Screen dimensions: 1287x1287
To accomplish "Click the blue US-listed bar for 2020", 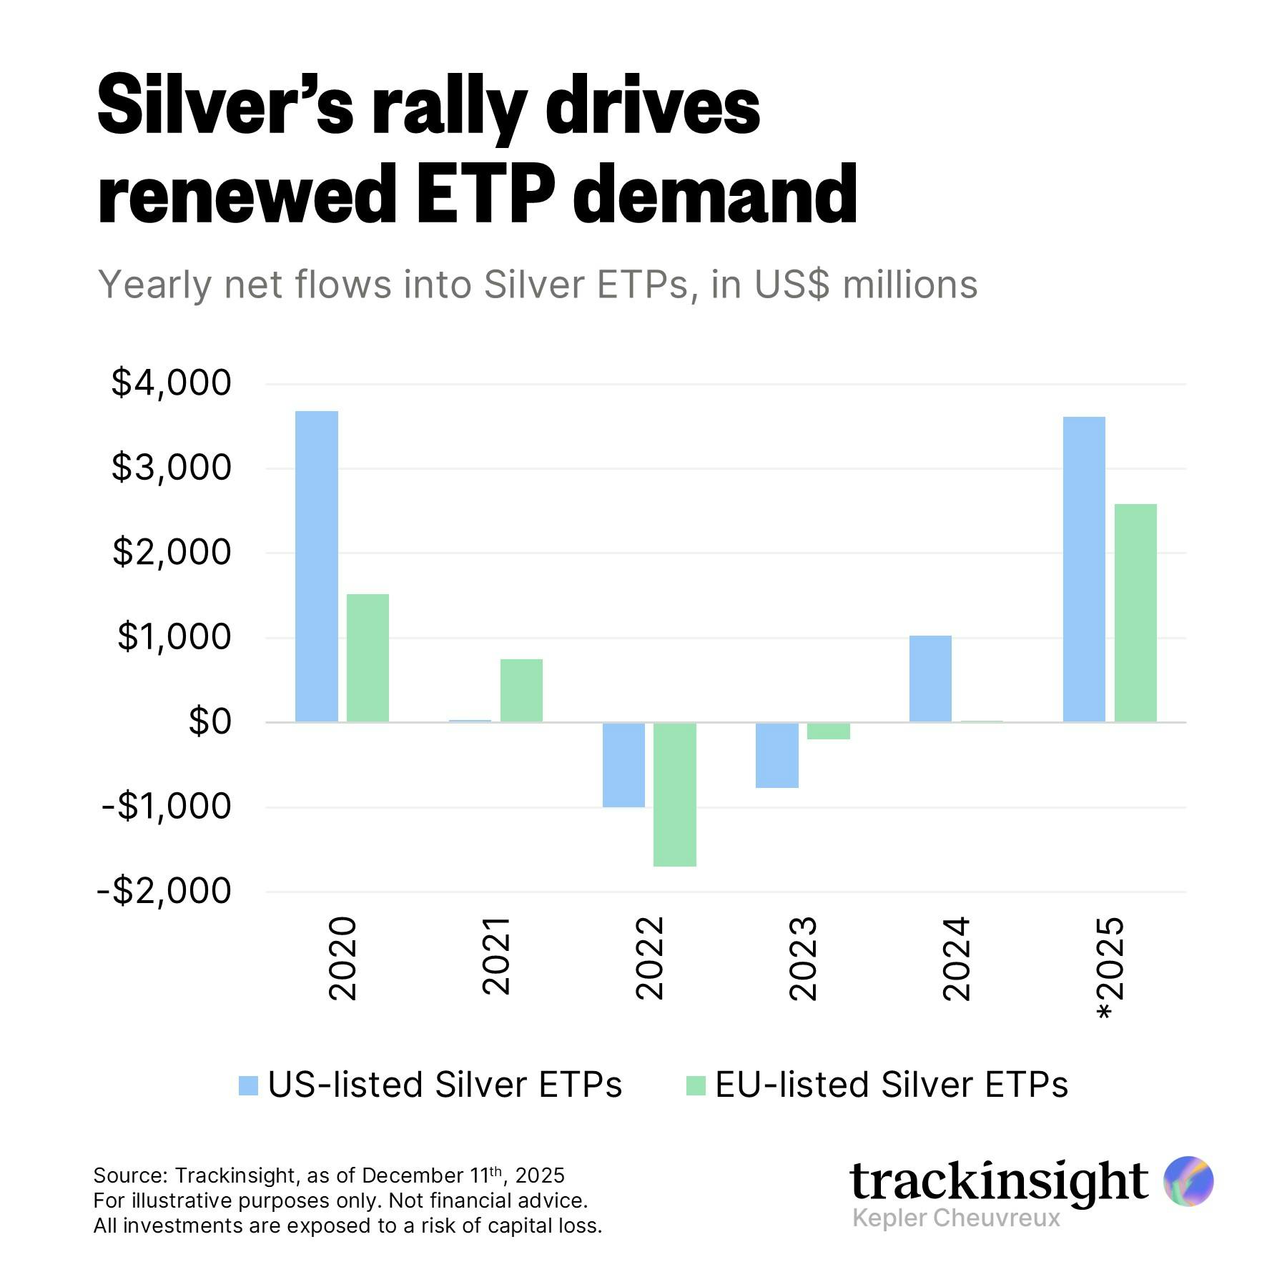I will (317, 566).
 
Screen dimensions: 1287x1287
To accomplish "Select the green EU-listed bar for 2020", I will (368, 658).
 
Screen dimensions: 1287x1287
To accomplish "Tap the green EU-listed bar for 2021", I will (521, 691).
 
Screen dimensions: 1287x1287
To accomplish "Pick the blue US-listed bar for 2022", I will (623, 765).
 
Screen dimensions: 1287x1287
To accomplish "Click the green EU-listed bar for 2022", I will (675, 794).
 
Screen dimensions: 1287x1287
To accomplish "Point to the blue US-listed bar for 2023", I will (777, 755).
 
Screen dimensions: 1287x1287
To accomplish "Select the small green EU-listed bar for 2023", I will (829, 731).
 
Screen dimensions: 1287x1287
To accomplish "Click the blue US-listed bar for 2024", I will (930, 679).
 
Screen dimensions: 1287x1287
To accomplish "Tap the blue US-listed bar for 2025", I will (1084, 569).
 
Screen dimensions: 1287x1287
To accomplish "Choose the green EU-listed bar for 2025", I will (1135, 613).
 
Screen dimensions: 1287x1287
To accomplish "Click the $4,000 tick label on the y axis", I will (172, 383).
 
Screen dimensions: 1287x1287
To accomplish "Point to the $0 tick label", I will (210, 722).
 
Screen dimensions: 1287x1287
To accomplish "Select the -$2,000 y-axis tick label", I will (164, 891).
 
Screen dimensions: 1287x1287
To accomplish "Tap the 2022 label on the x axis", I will (650, 958).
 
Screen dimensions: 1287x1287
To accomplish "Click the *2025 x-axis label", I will (1110, 968).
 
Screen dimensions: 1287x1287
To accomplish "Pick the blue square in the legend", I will (248, 1085).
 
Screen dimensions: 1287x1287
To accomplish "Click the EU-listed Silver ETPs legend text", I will (891, 1085).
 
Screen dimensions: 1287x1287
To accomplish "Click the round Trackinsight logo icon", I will (1188, 1181).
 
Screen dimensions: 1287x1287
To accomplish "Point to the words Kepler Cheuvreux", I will (956, 1218).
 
